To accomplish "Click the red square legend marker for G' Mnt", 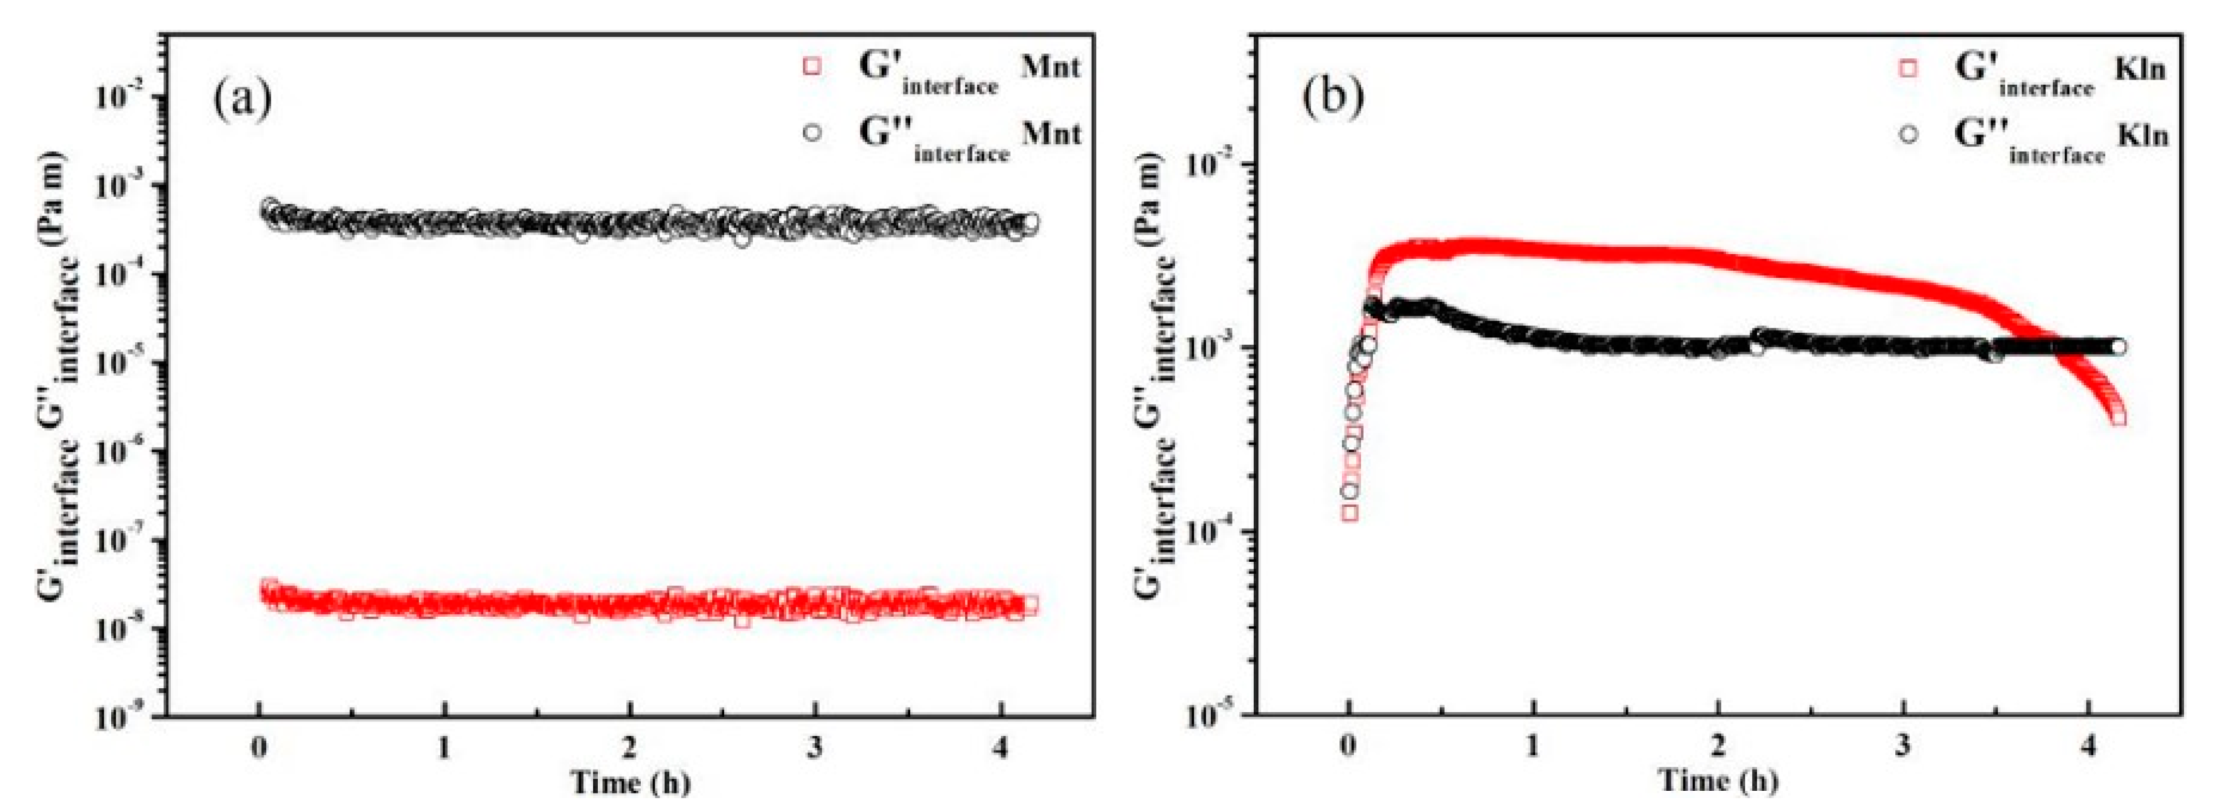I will pos(811,66).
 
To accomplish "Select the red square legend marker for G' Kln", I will pos(1908,68).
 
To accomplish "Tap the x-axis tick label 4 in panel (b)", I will pos(2089,747).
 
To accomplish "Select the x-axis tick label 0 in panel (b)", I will pos(1348,747).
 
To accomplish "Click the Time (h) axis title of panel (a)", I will pos(630,783).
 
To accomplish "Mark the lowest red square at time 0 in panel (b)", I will pos(1350,513).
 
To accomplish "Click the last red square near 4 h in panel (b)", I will pos(2118,418).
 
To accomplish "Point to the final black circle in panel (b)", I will pos(2118,347).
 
